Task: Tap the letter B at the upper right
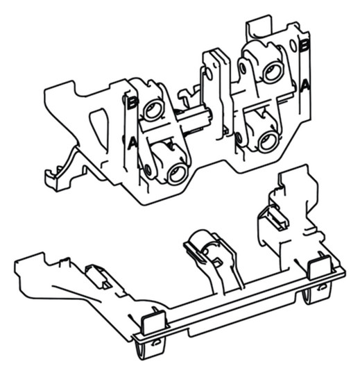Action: point(303,45)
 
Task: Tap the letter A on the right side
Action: point(305,85)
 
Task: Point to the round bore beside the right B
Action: point(271,71)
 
